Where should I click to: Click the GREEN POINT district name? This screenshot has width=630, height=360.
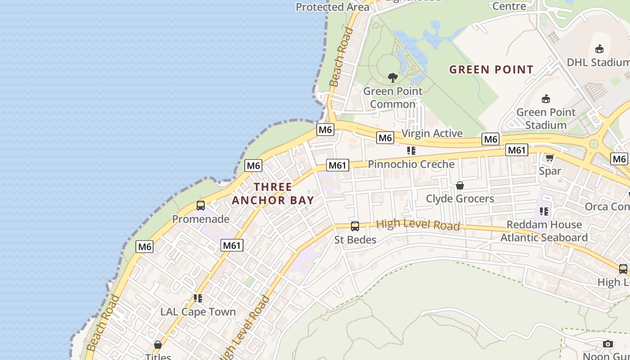491,70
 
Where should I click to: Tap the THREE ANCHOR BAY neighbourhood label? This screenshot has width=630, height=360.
273,193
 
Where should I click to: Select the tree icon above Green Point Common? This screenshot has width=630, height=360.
393,77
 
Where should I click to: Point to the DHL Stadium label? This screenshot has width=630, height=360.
598,62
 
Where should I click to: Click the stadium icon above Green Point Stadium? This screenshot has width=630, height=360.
546,99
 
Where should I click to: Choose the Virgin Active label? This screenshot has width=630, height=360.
432,133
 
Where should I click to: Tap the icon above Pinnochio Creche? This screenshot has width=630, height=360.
411,151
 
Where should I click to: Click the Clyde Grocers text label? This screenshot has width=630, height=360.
460,198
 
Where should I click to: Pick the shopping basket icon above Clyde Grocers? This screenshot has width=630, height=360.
459,185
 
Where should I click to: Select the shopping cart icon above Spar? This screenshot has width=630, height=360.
549,157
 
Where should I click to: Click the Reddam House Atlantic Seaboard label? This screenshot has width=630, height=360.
544,231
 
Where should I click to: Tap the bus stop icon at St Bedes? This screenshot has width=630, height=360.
355,226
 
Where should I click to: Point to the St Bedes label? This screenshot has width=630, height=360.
355,240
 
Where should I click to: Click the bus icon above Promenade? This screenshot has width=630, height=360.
201,206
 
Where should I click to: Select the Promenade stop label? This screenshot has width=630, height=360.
201,219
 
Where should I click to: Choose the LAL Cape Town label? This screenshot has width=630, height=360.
198,312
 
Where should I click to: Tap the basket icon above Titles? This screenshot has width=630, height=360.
158,345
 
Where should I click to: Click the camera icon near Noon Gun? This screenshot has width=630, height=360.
607,344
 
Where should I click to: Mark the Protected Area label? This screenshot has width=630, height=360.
333,7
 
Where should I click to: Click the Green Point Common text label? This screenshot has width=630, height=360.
393,98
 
